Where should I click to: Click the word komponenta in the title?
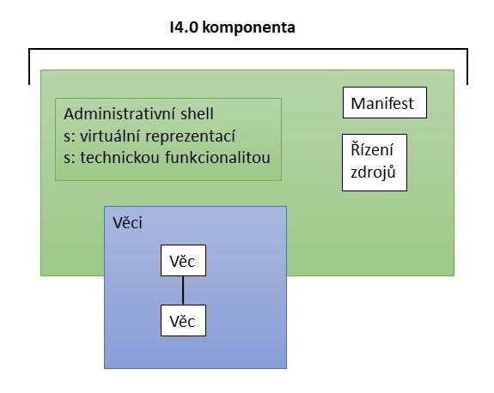click(248, 28)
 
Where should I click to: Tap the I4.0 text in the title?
click(184, 27)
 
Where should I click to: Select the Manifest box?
click(385, 103)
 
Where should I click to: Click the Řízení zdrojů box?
click(375, 163)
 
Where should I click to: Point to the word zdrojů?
click(373, 172)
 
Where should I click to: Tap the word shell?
click(197, 113)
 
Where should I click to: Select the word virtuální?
click(110, 136)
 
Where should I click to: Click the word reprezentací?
click(190, 137)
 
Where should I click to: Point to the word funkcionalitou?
click(217, 158)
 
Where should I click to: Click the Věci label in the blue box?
click(128, 222)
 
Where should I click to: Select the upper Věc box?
click(183, 261)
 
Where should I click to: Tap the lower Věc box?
click(183, 320)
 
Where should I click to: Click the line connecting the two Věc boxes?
click(183, 290)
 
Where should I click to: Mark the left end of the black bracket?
click(29, 84)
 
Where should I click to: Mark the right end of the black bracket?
click(467, 84)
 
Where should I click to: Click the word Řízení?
click(372, 149)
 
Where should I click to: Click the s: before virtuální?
click(70, 137)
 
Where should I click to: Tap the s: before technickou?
click(70, 159)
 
